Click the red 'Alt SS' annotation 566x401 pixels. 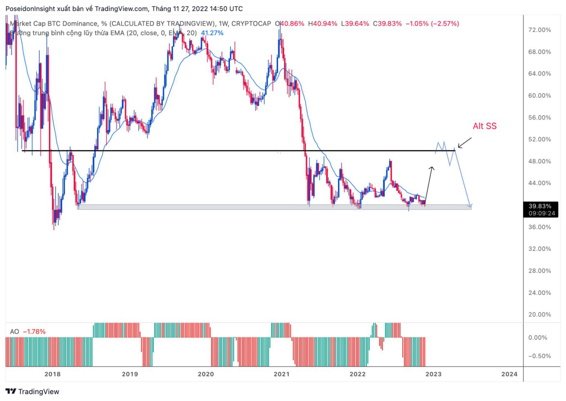click(x=484, y=126)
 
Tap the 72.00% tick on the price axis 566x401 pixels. click(x=539, y=30)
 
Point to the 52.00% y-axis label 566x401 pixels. click(x=539, y=139)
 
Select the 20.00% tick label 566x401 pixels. click(x=539, y=314)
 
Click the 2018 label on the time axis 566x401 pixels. click(x=52, y=374)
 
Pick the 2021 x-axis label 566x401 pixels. click(x=282, y=374)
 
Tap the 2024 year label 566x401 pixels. click(x=509, y=374)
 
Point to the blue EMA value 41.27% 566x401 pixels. click(x=212, y=33)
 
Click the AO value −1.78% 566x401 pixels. click(x=34, y=332)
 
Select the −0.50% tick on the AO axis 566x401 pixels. click(x=539, y=356)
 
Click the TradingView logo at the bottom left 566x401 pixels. click(x=32, y=391)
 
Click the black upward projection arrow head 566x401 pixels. click(x=432, y=168)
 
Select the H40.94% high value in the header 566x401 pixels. click(x=322, y=24)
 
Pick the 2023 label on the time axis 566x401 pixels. click(x=433, y=374)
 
